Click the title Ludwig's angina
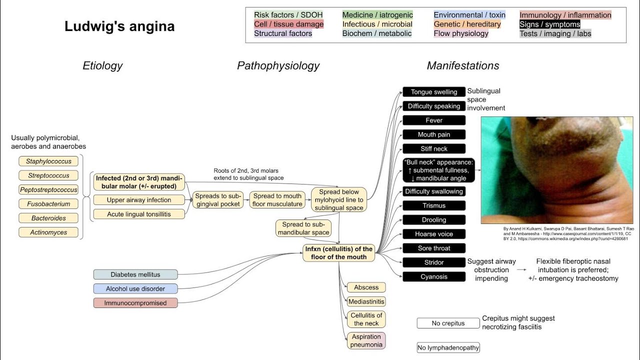click(x=119, y=26)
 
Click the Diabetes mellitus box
click(x=135, y=274)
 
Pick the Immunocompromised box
click(x=135, y=303)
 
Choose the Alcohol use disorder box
click(x=135, y=288)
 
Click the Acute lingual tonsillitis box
click(x=138, y=214)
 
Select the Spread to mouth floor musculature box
click(x=276, y=200)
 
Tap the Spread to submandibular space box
click(x=303, y=228)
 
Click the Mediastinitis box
click(x=366, y=301)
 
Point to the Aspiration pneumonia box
click(x=366, y=340)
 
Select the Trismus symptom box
click(x=433, y=205)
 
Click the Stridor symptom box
click(x=433, y=262)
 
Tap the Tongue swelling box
click(x=433, y=92)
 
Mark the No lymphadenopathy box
click(x=448, y=347)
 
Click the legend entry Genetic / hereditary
click(x=467, y=24)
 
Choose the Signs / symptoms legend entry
click(x=549, y=24)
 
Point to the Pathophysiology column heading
click(x=278, y=65)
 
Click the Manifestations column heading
click(x=462, y=65)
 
